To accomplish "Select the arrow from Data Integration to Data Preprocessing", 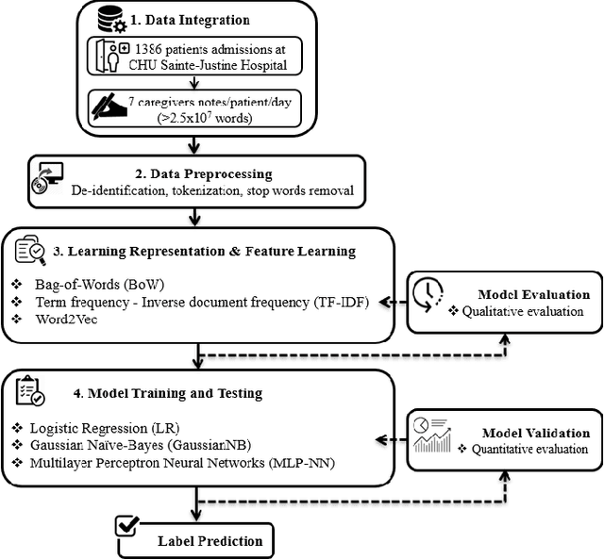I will coord(193,143).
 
